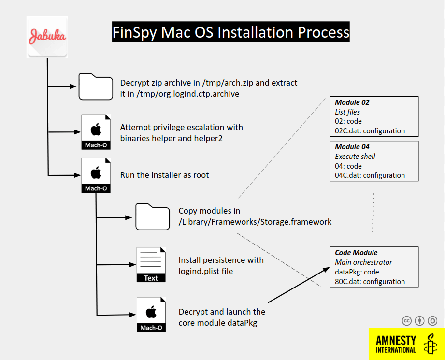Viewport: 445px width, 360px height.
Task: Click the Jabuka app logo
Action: pos(47,37)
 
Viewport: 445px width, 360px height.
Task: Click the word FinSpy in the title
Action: pos(134,32)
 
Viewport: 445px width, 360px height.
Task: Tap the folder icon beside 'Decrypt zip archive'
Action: pos(96,86)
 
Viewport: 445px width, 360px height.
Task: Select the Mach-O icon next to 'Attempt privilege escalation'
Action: pos(96,132)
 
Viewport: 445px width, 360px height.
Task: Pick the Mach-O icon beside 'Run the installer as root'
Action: pos(96,175)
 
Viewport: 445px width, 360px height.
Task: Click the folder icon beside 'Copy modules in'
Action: pos(153,216)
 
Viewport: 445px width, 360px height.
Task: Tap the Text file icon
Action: pos(151,265)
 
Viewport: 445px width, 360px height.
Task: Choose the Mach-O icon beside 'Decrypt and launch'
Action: pos(151,315)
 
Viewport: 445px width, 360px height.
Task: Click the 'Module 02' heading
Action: pos(352,102)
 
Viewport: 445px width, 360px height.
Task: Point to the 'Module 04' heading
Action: pos(352,147)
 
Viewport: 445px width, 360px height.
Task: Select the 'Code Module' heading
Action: pos(356,253)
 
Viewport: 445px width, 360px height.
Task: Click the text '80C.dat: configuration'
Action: pos(370,282)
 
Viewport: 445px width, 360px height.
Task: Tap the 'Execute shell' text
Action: pos(355,157)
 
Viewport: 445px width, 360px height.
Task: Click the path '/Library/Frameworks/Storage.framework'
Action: pos(255,222)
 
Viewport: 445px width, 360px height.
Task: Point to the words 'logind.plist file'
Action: pos(206,271)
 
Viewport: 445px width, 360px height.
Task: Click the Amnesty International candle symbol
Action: pos(430,344)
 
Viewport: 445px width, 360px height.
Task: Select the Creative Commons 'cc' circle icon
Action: pos(407,321)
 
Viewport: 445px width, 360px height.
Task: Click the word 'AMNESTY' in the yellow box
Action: pos(396,340)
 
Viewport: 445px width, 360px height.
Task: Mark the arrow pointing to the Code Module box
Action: pos(299,285)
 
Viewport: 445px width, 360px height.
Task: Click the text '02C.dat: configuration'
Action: pos(370,131)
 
